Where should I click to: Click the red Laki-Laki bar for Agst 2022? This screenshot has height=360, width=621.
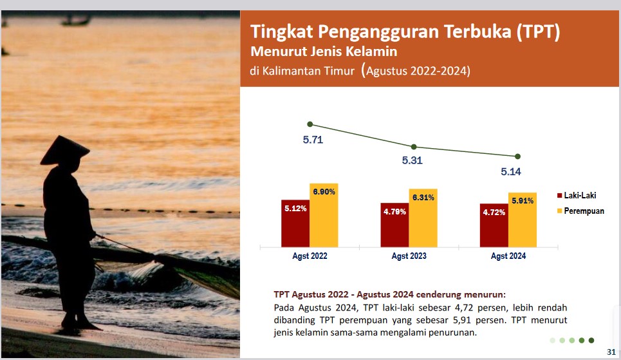[x=295, y=223]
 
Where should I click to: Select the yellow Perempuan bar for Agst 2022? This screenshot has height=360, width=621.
[x=324, y=215]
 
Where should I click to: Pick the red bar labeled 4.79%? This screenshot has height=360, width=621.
[x=395, y=225]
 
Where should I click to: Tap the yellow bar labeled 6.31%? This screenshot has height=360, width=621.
[x=423, y=218]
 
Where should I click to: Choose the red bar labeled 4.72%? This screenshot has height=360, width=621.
[x=494, y=225]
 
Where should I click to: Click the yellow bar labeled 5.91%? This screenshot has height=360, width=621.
[x=523, y=220]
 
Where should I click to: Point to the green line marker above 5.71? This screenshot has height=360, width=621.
[x=310, y=124]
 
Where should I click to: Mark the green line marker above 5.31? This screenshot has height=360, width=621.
[x=414, y=147]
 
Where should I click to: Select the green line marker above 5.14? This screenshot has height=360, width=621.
[x=517, y=156]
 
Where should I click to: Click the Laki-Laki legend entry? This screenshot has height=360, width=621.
[x=577, y=196]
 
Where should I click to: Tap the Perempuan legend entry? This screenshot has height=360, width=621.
[x=580, y=211]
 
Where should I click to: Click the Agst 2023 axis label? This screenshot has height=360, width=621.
[x=409, y=256]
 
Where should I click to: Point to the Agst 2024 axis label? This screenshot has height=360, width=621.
[x=508, y=256]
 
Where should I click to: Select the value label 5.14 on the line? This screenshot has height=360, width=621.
[x=511, y=172]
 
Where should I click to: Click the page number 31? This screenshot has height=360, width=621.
[x=611, y=352]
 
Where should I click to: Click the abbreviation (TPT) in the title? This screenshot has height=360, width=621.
[x=538, y=32]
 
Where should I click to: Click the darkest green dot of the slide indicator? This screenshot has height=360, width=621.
[x=591, y=340]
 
